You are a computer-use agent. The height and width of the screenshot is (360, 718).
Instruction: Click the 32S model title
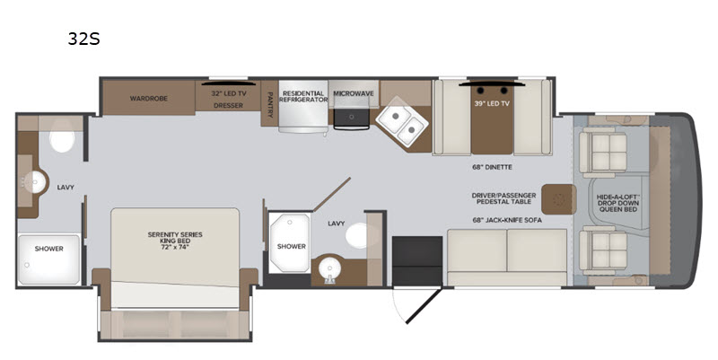(83, 39)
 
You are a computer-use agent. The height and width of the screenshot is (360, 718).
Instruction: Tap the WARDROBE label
(148, 99)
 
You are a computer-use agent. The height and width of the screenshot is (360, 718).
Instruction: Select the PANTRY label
(270, 104)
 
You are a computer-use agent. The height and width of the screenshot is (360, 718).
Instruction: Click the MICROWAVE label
(353, 93)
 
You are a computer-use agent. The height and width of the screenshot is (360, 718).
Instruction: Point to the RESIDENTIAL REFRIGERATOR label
(303, 97)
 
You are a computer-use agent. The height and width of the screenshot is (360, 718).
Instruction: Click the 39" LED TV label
(492, 104)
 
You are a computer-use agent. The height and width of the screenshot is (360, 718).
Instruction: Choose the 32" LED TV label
(229, 93)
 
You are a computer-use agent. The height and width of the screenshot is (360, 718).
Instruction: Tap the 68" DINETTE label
(492, 167)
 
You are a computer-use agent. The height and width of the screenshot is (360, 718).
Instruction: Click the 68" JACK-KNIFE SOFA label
(507, 220)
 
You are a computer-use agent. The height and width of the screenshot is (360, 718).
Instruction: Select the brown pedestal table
(558, 199)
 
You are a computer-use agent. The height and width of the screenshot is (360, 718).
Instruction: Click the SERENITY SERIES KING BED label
(175, 241)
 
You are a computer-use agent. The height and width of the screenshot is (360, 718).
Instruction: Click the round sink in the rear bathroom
(35, 183)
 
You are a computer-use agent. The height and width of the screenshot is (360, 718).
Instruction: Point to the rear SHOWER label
(49, 249)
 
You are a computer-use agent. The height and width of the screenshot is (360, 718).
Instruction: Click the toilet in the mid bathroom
(357, 235)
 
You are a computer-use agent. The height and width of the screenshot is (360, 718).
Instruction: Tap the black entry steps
(417, 261)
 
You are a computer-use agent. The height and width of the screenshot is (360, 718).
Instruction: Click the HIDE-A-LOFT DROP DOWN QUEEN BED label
(617, 203)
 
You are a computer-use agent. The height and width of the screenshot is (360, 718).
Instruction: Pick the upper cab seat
(602, 152)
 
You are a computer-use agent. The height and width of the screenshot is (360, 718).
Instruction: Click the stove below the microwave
(352, 119)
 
